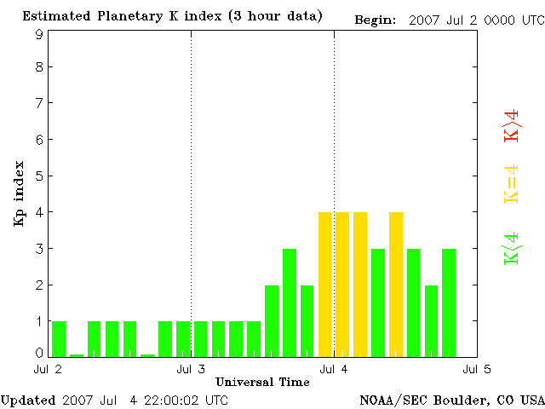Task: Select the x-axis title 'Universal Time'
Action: coord(262,382)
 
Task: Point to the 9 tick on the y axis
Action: coord(39,34)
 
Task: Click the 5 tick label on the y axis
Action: coord(39,176)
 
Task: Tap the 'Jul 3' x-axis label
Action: coord(191,370)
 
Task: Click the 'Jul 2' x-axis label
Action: coord(48,370)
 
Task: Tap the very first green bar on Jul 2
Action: coord(59,338)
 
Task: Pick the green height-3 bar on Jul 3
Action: coord(290,302)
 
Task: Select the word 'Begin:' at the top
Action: coord(375,18)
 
